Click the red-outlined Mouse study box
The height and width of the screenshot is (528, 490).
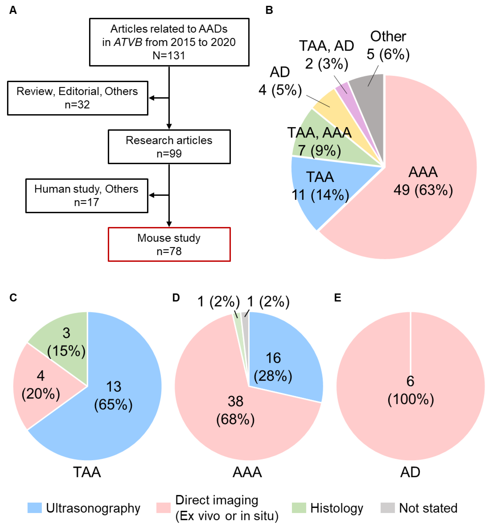(x=169, y=244)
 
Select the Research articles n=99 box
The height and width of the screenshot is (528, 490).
(x=169, y=147)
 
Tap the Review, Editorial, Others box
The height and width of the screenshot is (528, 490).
(x=77, y=98)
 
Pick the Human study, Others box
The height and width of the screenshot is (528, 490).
(x=87, y=196)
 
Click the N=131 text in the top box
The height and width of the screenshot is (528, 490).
(x=169, y=55)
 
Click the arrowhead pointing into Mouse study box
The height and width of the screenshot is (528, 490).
(x=169, y=224)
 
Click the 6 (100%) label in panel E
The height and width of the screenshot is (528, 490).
(x=410, y=390)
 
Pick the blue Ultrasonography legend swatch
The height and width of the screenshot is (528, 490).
(x=35, y=508)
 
